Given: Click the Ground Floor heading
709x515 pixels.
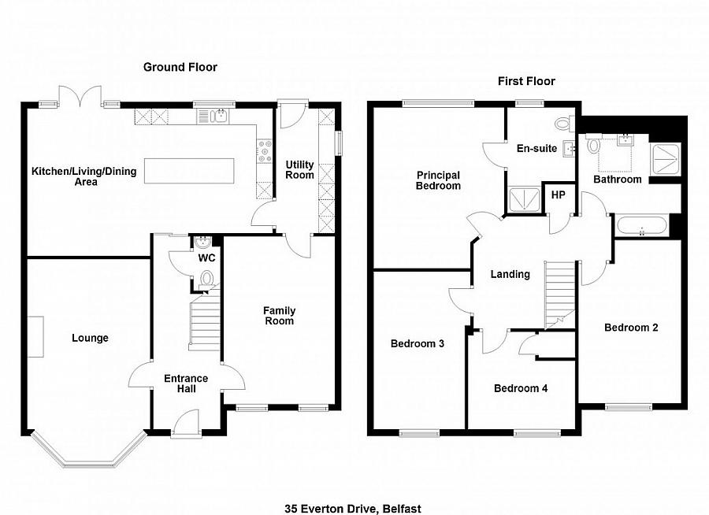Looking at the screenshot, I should tap(180, 67).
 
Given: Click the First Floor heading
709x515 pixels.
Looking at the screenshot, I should tap(526, 81).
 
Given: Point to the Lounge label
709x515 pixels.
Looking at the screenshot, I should tap(90, 338).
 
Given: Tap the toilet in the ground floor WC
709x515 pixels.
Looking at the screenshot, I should tap(208, 278).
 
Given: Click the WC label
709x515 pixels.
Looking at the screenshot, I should tap(207, 258).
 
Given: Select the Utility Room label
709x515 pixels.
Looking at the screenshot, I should tap(300, 169).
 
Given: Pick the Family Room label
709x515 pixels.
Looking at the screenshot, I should tap(279, 315).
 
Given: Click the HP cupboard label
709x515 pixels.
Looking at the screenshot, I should tap(558, 195).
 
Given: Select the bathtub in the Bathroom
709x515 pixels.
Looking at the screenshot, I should tap(641, 228).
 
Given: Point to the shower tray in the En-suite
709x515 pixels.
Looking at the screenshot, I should tap(522, 199).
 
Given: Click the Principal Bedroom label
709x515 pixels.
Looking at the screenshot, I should tap(438, 180).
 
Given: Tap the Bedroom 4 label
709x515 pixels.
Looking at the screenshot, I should tap(520, 388).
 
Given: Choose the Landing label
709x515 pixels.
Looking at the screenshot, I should tap(510, 274).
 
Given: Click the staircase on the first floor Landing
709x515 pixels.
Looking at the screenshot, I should tap(562, 291).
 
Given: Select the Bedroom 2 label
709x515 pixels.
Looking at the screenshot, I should tap(631, 328).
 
